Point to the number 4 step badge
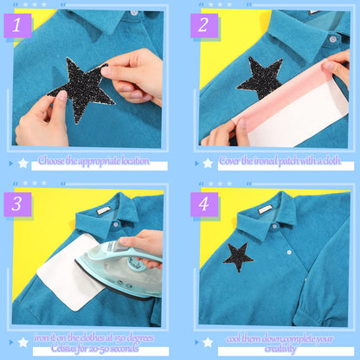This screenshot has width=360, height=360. click(203, 204)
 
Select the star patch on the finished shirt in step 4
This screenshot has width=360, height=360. click(238, 256)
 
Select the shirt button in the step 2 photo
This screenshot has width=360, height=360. click(331, 38)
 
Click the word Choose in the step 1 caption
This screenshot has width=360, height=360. click(53, 162)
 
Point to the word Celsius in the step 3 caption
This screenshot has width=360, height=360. click(53, 349)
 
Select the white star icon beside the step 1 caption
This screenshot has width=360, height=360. click(22, 163)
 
